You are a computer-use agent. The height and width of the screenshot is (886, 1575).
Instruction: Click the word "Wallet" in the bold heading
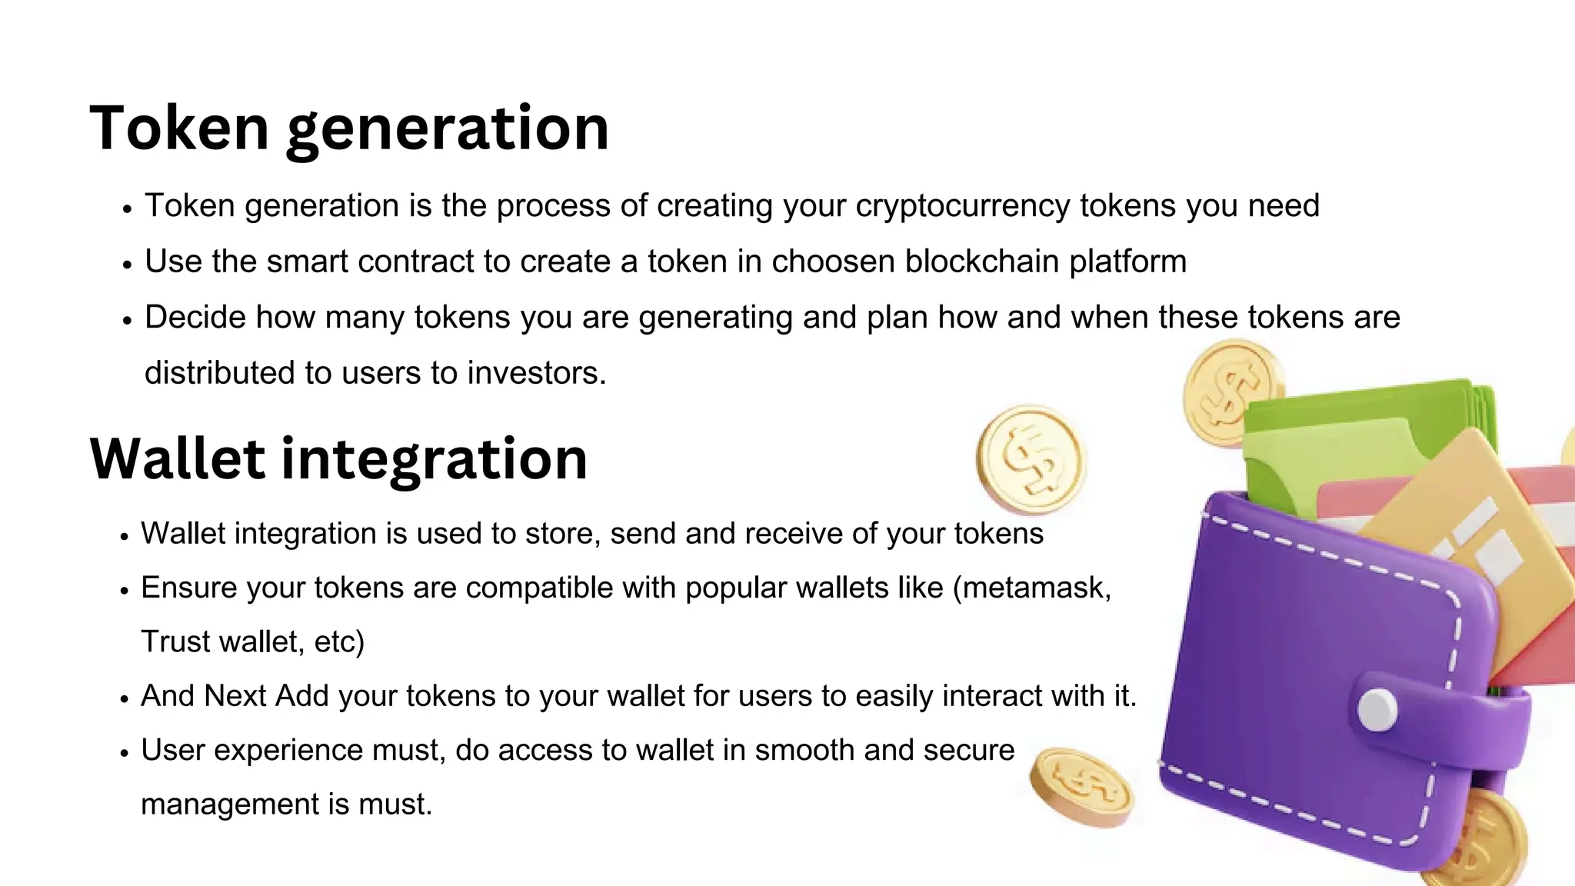tap(179, 458)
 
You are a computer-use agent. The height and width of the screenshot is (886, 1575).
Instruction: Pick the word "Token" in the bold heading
tap(179, 128)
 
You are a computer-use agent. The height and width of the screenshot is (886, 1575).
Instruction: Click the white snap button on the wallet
tap(1377, 709)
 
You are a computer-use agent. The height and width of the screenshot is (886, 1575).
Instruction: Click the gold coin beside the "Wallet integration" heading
tap(1031, 460)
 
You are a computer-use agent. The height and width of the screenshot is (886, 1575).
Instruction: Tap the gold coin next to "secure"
tap(1081, 787)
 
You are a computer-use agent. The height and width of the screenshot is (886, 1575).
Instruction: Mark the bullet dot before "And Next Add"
tap(125, 698)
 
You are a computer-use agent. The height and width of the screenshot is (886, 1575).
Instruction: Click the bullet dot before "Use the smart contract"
tap(128, 264)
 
